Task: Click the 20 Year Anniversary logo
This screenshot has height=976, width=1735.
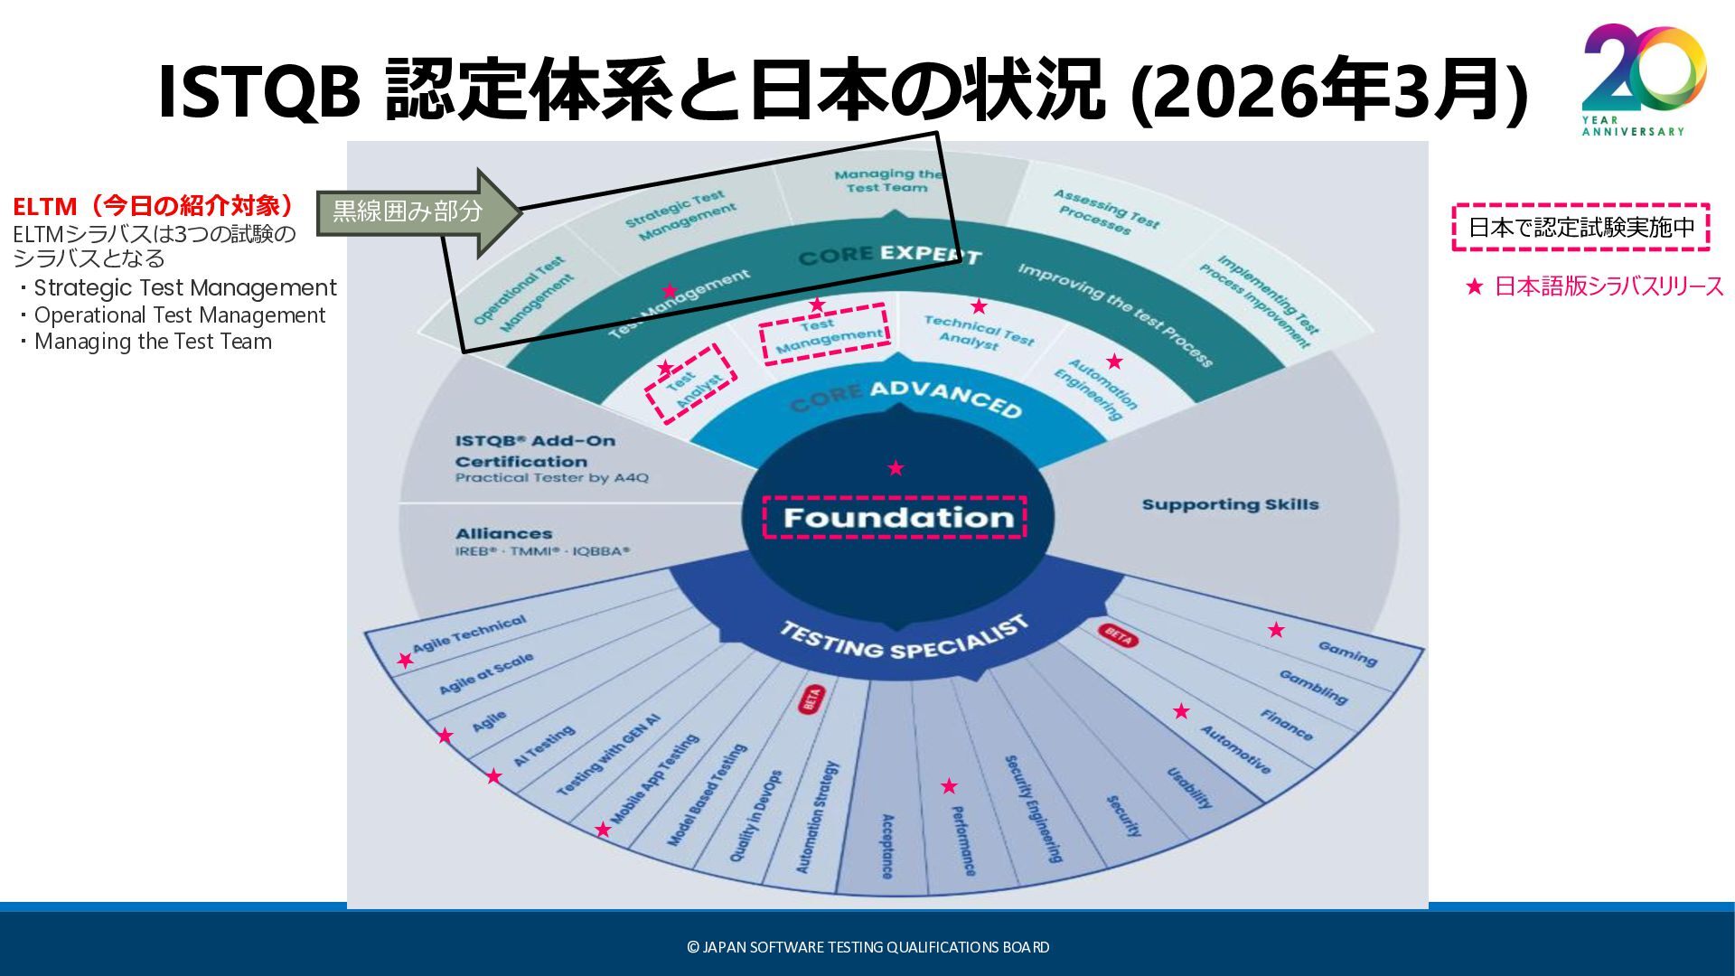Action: [x=1643, y=80]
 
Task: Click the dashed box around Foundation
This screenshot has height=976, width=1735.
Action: [x=895, y=517]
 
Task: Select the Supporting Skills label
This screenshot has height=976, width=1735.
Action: [x=1230, y=504]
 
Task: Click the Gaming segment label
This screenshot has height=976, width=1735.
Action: [x=1347, y=653]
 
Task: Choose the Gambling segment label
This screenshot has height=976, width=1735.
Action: [x=1313, y=687]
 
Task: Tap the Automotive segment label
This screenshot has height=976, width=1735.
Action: [x=1235, y=749]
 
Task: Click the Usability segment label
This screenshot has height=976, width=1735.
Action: [x=1189, y=787]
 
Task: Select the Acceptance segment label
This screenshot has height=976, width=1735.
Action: [x=887, y=846]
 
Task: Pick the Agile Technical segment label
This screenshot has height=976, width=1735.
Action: [x=469, y=633]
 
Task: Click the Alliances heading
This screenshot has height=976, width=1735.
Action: [x=503, y=533]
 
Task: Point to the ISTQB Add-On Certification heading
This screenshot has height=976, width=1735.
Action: [x=535, y=451]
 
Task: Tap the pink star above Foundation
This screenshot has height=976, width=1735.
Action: [x=896, y=468]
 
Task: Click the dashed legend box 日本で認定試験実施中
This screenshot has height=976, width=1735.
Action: [x=1580, y=228]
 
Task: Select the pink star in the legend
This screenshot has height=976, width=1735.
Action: [x=1475, y=287]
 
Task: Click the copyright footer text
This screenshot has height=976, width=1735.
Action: [x=867, y=947]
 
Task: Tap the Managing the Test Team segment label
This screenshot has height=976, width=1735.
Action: [x=886, y=181]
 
